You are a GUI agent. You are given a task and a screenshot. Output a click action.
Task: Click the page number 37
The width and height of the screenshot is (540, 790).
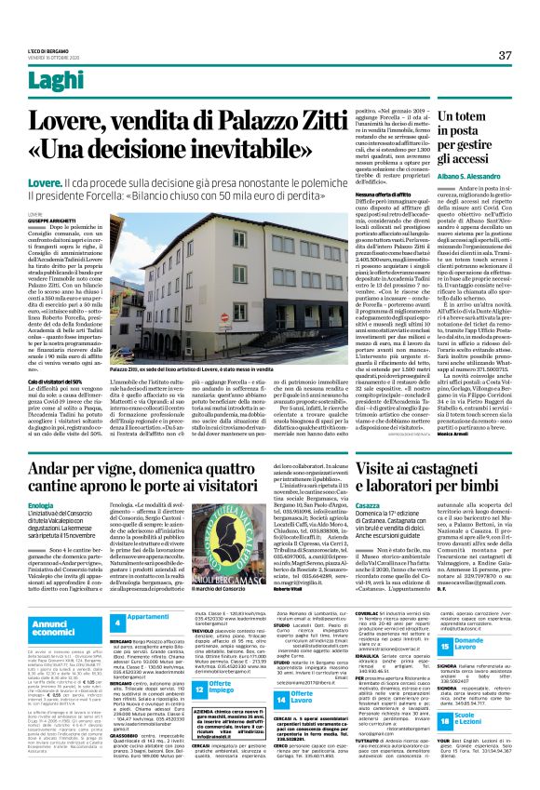click(x=505, y=56)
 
